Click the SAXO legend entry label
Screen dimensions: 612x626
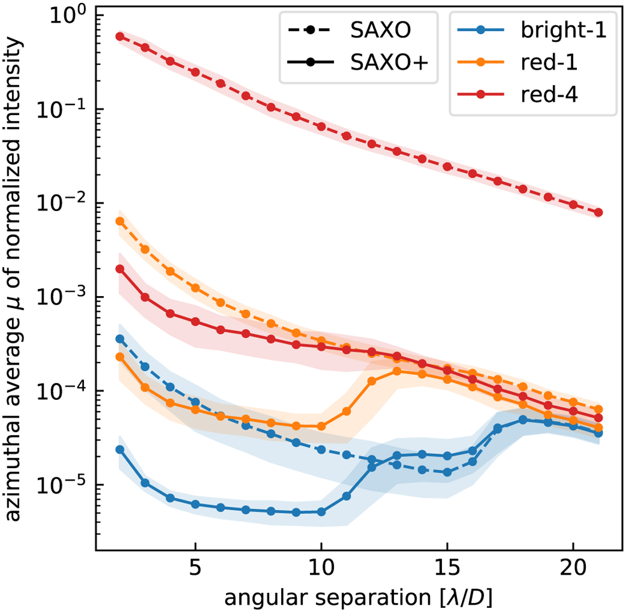(x=381, y=30)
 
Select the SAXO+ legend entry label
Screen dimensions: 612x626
(x=389, y=63)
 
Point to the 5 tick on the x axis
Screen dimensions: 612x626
(x=195, y=568)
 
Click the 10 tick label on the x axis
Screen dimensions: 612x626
(x=321, y=568)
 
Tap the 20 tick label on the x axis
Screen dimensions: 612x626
(x=573, y=568)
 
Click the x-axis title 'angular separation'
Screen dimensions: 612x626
(x=358, y=595)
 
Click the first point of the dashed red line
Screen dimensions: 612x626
(x=119, y=36)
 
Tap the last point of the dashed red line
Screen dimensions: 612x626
(x=598, y=212)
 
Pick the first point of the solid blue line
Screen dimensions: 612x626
(x=119, y=449)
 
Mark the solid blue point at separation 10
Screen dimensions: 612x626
(x=321, y=512)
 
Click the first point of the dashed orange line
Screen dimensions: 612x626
(x=119, y=221)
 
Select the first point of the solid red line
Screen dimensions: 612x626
(x=119, y=269)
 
